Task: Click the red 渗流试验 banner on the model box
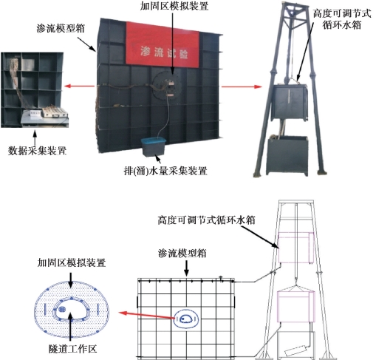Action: [x=163, y=46]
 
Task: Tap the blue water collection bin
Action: [x=153, y=146]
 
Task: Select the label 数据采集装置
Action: [x=38, y=151]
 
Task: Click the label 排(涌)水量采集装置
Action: [x=165, y=171]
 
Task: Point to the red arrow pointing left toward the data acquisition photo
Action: [x=79, y=86]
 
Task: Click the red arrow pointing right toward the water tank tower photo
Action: [x=242, y=86]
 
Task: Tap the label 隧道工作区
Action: [x=72, y=349]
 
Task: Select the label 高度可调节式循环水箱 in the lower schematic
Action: [x=206, y=220]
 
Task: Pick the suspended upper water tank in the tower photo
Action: [x=290, y=102]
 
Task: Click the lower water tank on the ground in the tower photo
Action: [x=287, y=155]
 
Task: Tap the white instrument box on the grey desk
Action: [x=33, y=113]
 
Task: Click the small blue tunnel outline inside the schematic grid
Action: [x=186, y=319]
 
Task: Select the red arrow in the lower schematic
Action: [x=147, y=316]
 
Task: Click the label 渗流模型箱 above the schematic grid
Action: [x=182, y=254]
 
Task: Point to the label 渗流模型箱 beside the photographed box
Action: [x=61, y=28]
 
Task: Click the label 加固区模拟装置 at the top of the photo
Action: [x=174, y=6]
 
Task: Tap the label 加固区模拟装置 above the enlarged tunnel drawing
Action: [x=72, y=262]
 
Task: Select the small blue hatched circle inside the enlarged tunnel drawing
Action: [x=63, y=309]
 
